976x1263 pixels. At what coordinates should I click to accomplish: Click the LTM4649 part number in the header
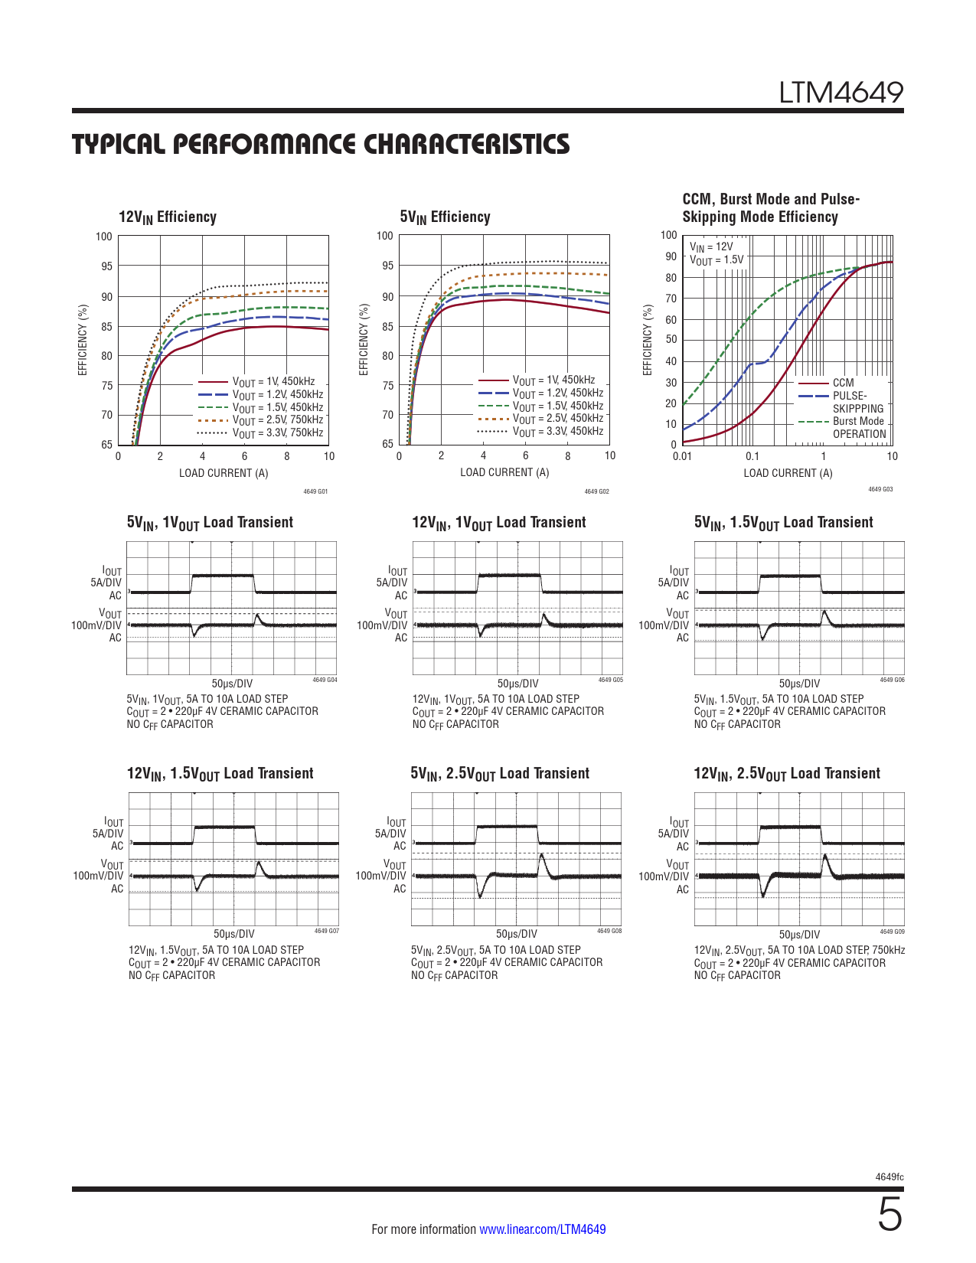pos(841,93)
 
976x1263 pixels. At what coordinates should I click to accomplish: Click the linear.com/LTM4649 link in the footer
pos(542,1229)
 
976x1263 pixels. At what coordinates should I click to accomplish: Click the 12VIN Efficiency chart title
pos(168,217)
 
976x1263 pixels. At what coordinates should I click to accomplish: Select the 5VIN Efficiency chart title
pos(445,217)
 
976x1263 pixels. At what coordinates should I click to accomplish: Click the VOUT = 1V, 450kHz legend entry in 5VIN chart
pos(553,380)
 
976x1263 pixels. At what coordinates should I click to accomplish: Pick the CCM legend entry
pos(843,383)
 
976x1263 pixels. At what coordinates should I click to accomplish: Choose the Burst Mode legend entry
pos(858,421)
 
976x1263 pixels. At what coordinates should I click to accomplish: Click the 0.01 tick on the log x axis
pos(682,457)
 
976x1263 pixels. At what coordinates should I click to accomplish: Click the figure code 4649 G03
pos(880,489)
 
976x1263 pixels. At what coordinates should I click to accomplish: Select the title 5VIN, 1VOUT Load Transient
pos(210,523)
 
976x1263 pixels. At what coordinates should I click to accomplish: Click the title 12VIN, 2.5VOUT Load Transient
pos(787,774)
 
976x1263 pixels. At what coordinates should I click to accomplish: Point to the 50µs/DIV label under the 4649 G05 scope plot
pos(517,684)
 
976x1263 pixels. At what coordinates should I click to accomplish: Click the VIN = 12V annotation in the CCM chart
pos(711,246)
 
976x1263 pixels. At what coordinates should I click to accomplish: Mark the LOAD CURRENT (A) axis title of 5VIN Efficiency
pos(504,472)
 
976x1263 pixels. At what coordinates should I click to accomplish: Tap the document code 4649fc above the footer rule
pos(889,1177)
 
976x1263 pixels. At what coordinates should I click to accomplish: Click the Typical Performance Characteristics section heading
pos(321,145)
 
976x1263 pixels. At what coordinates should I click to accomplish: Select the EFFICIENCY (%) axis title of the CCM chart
pos(648,340)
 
